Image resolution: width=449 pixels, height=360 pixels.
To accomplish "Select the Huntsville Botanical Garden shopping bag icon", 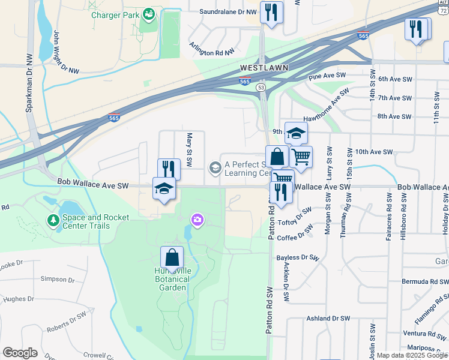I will (x=172, y=257).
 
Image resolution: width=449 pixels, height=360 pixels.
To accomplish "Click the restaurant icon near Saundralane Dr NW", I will (x=271, y=12).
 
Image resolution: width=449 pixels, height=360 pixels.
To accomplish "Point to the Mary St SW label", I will (x=189, y=150).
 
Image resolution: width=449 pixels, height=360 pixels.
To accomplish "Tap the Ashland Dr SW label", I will (x=327, y=319).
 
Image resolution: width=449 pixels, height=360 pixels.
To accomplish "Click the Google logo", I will (x=20, y=353).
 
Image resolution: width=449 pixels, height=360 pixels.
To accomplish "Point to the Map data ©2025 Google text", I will (x=411, y=355).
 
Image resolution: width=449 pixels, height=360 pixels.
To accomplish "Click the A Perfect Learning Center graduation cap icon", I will (x=215, y=167).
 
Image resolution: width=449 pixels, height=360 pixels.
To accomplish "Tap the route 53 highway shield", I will (x=261, y=88).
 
